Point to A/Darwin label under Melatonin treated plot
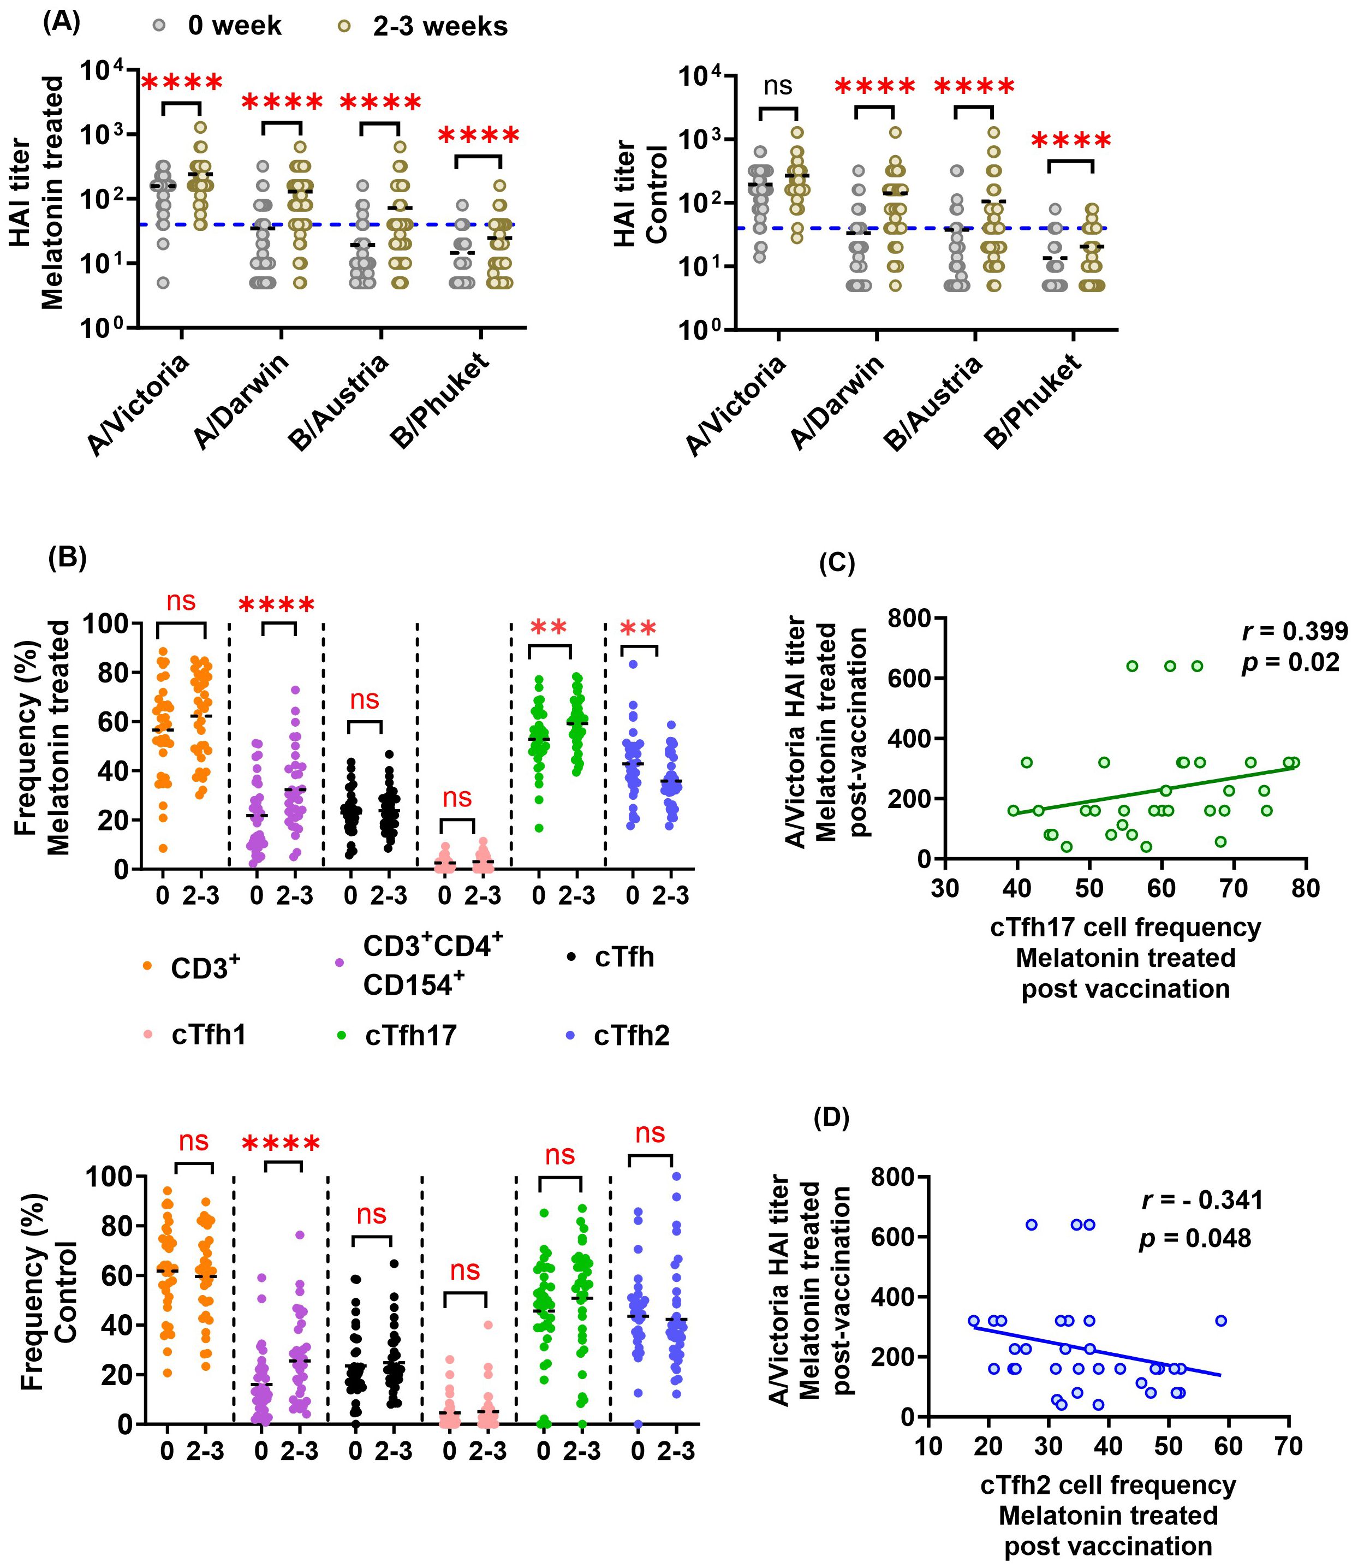click(242, 402)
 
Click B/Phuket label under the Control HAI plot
click(1032, 402)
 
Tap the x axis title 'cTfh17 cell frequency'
click(1125, 928)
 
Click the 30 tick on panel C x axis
click(944, 888)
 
